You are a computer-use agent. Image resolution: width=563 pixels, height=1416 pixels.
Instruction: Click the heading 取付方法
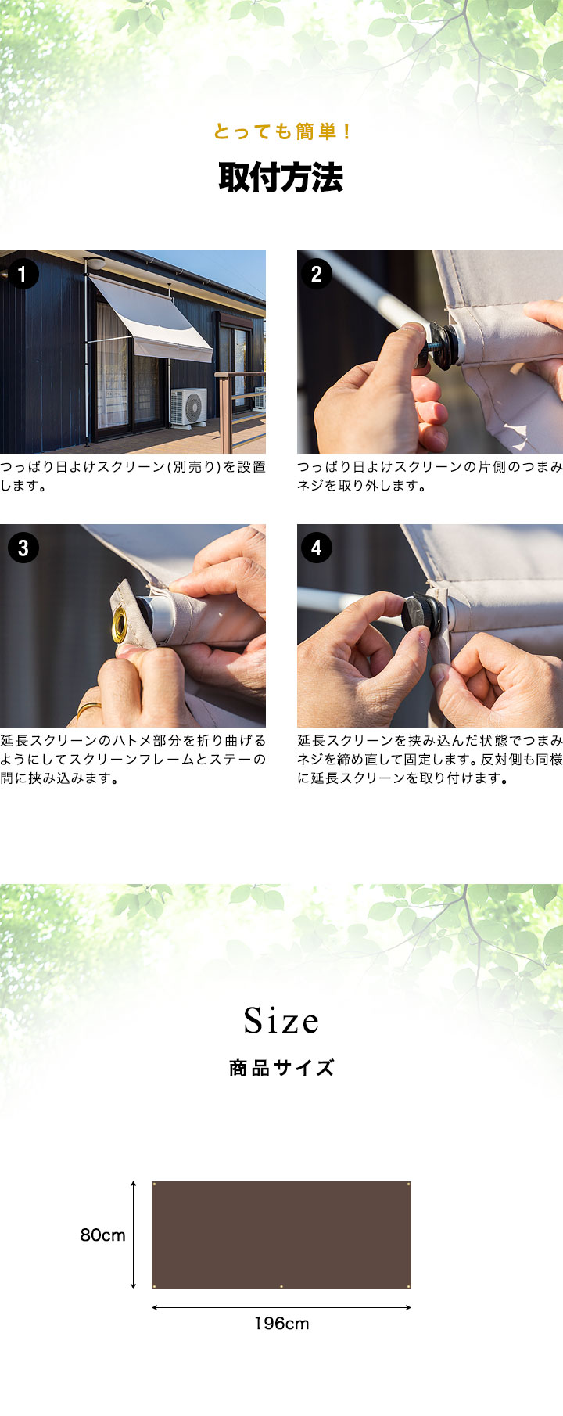(281, 178)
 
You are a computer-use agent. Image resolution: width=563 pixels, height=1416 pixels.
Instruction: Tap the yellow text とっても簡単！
(281, 131)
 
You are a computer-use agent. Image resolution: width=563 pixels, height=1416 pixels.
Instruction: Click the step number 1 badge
(23, 274)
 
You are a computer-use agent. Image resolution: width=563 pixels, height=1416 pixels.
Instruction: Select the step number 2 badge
(317, 274)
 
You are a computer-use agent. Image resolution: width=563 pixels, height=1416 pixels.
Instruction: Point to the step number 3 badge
(23, 548)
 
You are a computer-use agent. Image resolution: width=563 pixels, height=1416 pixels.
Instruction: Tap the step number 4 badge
(317, 548)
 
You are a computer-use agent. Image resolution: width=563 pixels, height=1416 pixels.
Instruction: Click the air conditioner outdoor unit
(188, 407)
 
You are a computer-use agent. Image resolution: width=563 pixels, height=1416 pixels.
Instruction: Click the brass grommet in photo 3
(120, 624)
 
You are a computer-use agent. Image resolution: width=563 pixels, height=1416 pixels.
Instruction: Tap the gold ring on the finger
(88, 709)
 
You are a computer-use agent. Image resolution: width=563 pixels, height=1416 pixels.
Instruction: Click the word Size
(281, 1021)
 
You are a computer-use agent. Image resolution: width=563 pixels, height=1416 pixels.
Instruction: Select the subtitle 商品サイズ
(281, 1068)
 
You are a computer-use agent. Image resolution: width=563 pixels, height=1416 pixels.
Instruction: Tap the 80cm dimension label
(102, 1235)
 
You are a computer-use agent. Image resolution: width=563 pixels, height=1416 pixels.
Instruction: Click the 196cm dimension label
(281, 1323)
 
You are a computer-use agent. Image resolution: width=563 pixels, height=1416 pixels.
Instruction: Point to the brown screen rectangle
(281, 1235)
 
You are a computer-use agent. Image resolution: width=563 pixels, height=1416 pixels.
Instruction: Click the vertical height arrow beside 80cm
(134, 1235)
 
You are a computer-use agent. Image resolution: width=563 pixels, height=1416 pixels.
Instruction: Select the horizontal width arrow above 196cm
(281, 1306)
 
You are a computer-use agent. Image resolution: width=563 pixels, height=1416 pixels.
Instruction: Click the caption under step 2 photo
(429, 476)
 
